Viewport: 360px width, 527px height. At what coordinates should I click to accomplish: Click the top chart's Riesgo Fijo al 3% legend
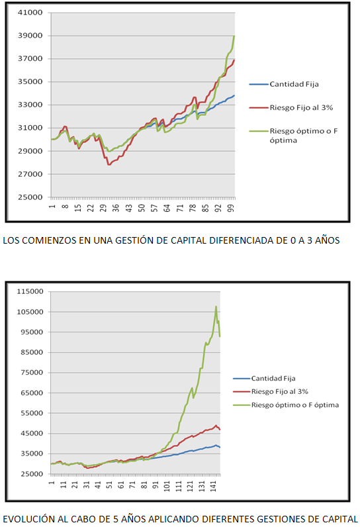click(301, 107)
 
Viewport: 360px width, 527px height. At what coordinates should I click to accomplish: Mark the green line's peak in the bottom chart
click(216, 307)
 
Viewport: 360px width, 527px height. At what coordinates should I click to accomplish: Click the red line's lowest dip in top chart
click(109, 164)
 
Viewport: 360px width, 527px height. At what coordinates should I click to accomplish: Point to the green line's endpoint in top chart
click(234, 36)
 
